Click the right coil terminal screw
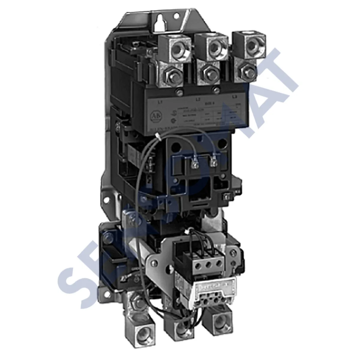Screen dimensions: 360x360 point(214,163)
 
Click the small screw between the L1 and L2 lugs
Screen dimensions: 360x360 point(180,92)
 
